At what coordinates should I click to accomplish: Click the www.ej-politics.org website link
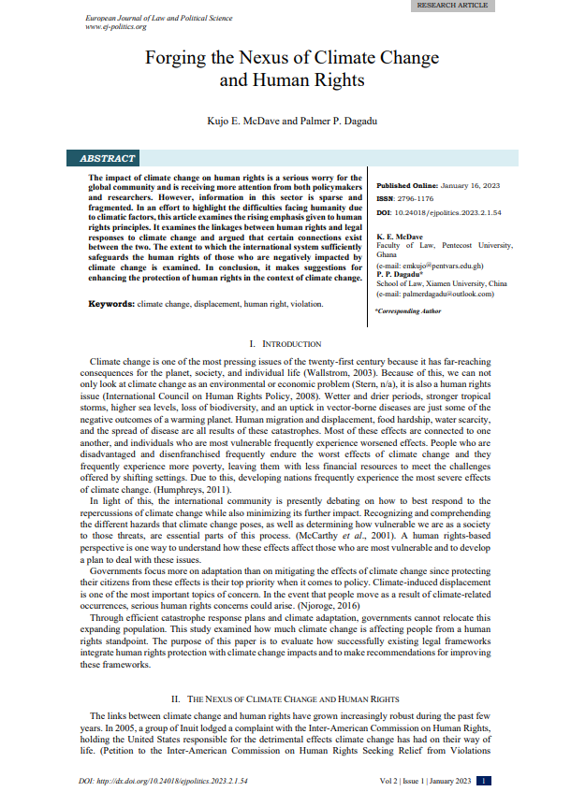click(x=116, y=27)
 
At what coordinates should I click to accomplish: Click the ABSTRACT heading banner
click(x=109, y=159)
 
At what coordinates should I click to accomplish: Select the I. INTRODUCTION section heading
click(x=285, y=345)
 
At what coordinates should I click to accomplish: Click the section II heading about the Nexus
click(x=285, y=698)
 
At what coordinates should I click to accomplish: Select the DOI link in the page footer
click(x=162, y=780)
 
